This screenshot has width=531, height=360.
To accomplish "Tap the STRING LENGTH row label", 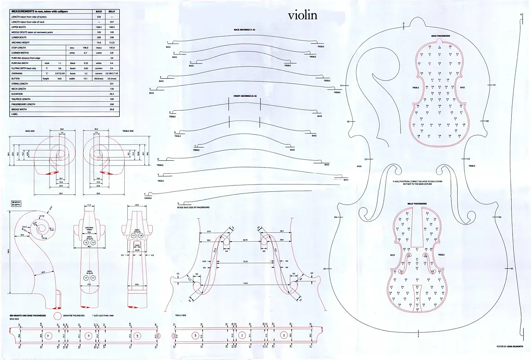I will coord(20,84).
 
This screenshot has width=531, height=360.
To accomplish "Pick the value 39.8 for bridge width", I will coord(112,109).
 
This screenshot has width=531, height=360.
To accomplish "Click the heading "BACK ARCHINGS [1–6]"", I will coord(245,30).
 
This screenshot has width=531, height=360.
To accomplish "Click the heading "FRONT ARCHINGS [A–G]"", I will coord(245,96).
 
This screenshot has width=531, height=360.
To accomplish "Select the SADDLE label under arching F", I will coord(148,198).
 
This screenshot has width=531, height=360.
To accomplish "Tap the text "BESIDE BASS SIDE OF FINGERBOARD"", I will coord(194,207).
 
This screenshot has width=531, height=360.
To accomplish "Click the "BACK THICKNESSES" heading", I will coord(440,36).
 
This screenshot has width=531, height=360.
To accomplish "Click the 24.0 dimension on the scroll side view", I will coord(43,272).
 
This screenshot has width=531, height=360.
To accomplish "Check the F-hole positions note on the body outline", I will coord(418,183).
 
